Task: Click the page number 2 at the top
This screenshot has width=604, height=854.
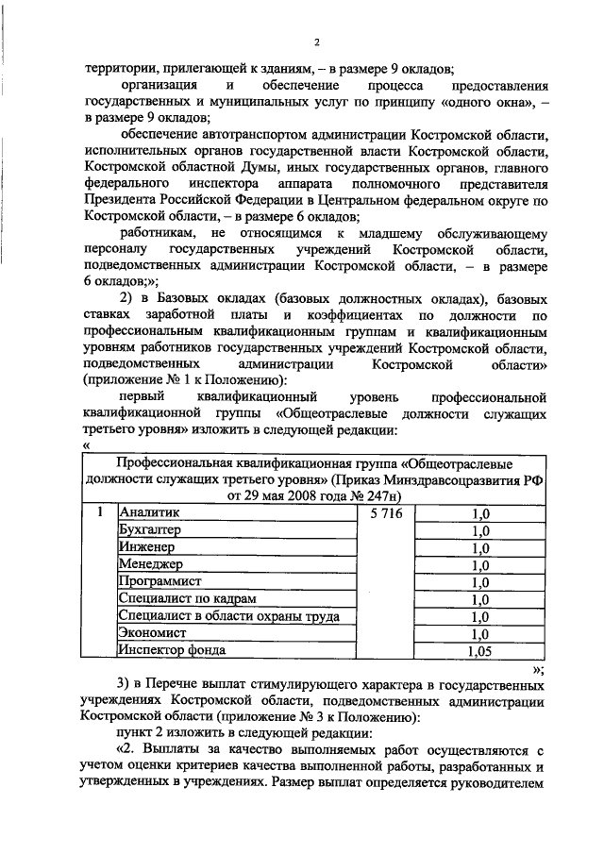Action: pyautogui.click(x=317, y=42)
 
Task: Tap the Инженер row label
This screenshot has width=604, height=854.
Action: pyautogui.click(x=147, y=546)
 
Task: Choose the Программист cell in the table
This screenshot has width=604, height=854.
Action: pyautogui.click(x=160, y=580)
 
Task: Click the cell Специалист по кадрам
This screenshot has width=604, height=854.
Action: pyautogui.click(x=184, y=597)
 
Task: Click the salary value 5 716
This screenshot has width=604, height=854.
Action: pyautogui.click(x=386, y=512)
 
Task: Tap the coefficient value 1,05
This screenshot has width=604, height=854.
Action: pyautogui.click(x=479, y=650)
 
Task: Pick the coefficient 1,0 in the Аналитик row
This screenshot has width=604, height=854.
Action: pyautogui.click(x=479, y=513)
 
